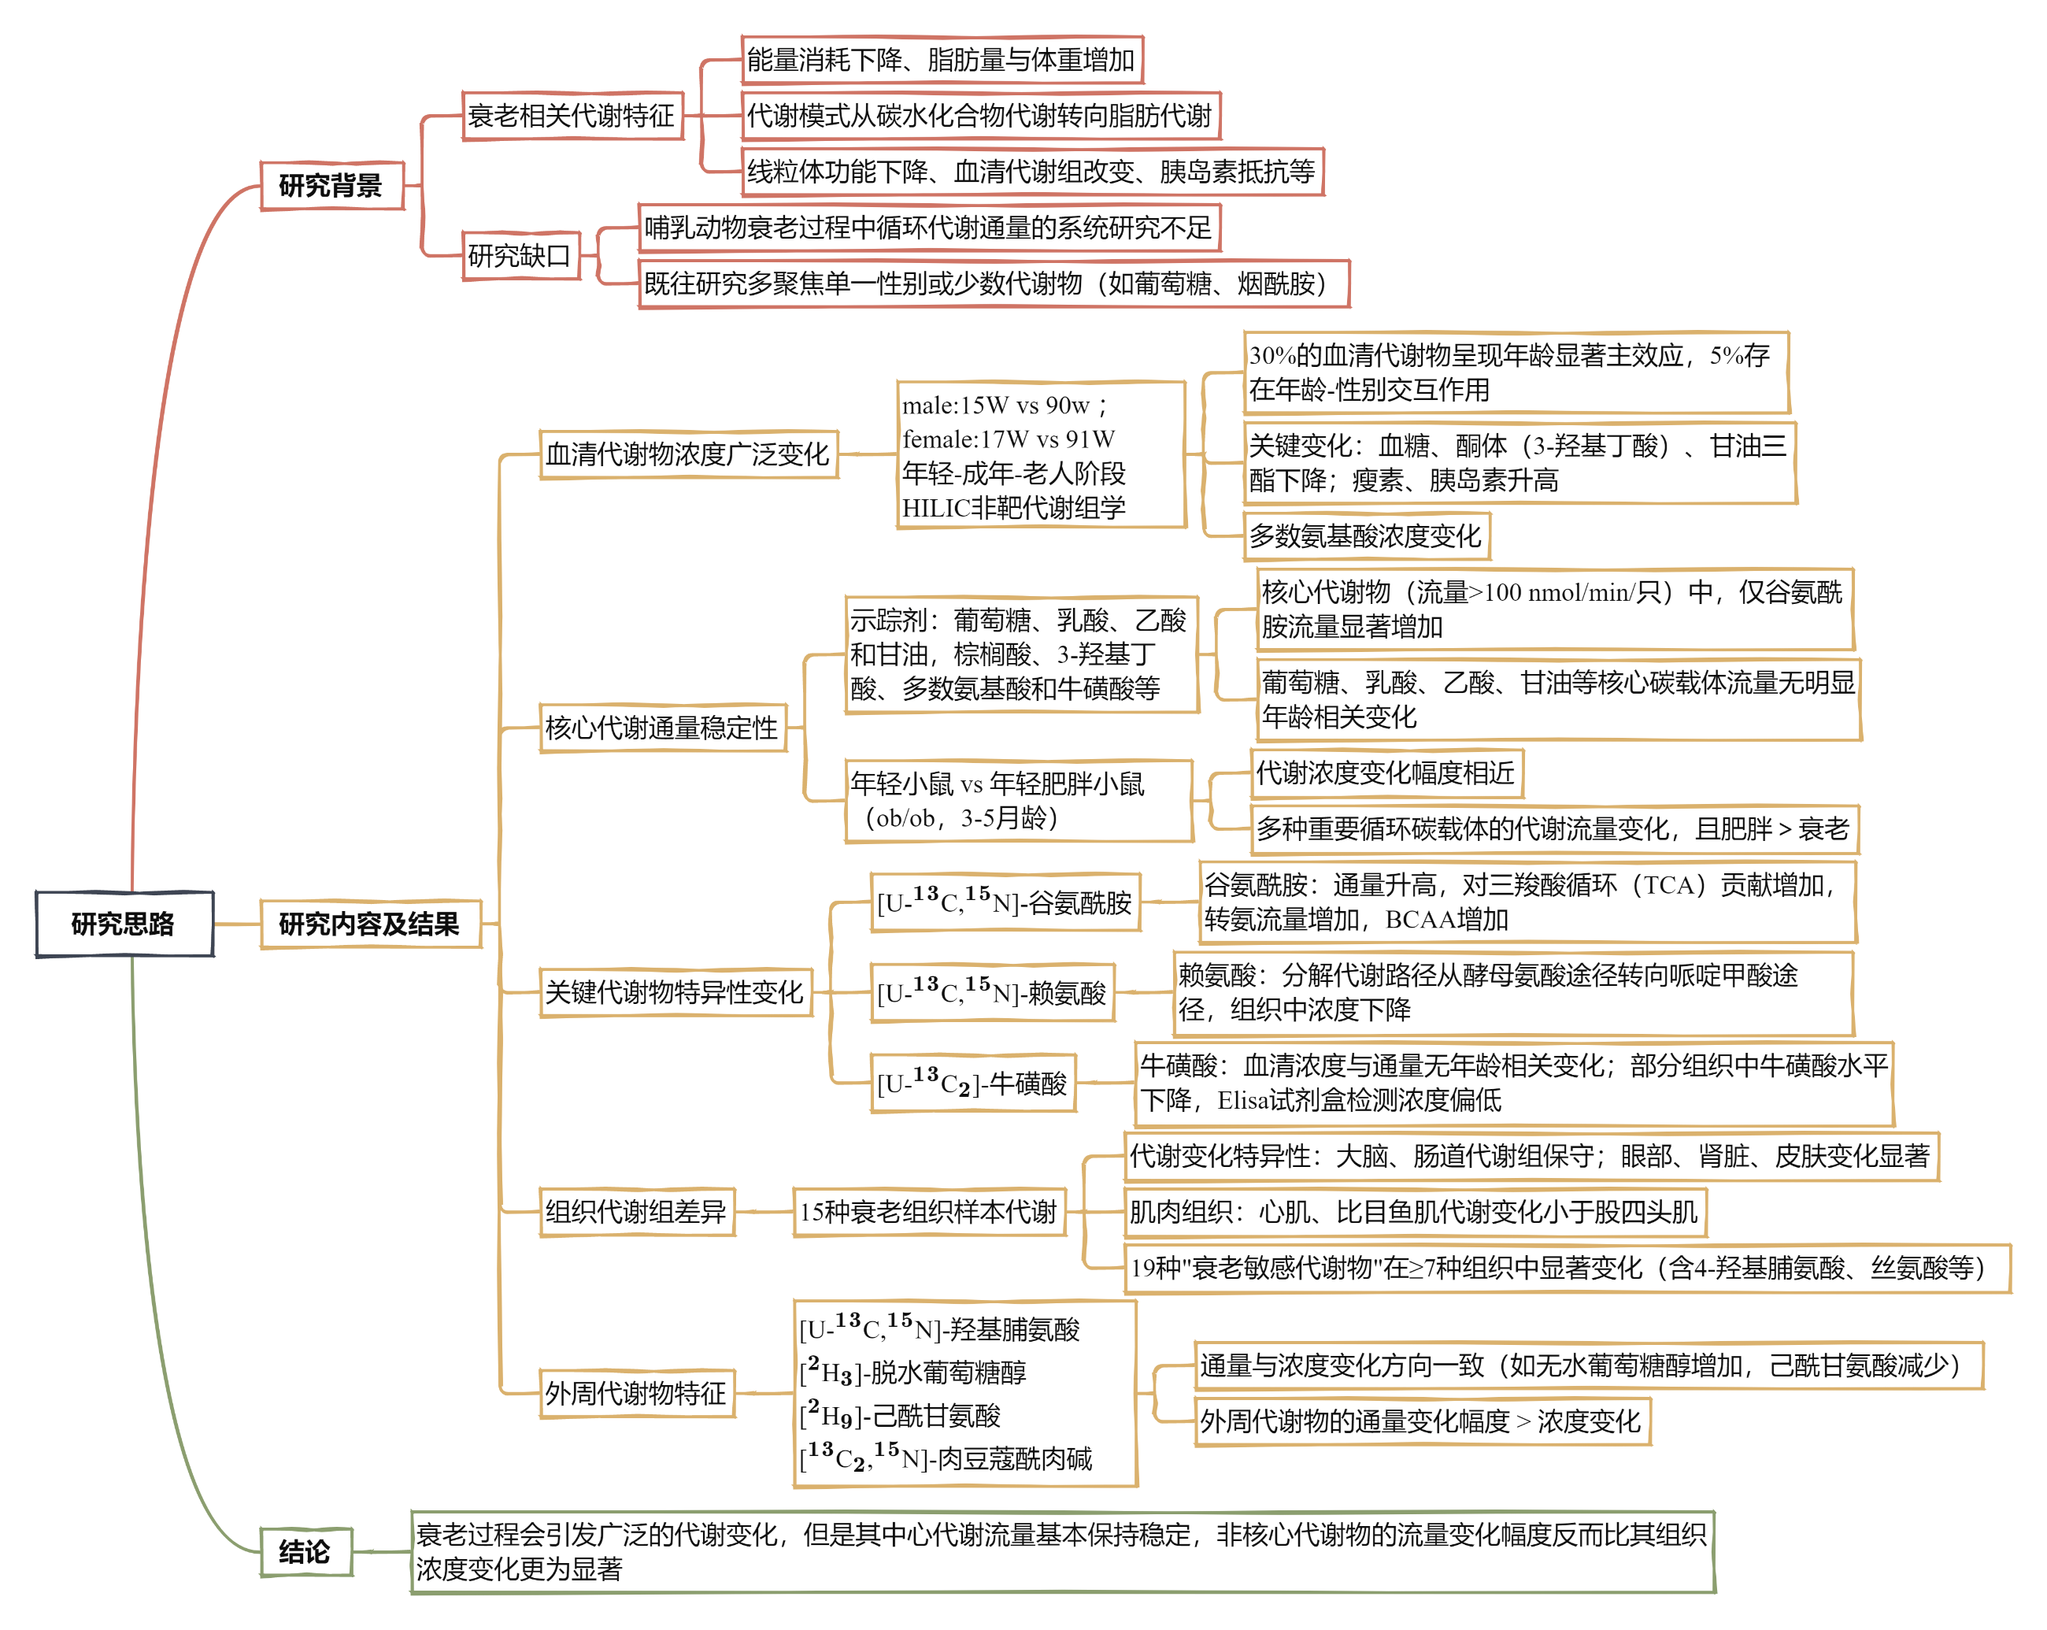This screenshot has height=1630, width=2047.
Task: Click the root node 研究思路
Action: coord(124,924)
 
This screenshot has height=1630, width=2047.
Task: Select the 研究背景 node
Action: coord(332,185)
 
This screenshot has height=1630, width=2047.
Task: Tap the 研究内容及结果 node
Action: coord(370,924)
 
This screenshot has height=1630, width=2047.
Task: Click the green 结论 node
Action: coord(305,1552)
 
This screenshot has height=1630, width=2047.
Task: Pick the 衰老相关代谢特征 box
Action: coord(572,117)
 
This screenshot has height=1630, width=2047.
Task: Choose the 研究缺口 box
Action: coord(520,255)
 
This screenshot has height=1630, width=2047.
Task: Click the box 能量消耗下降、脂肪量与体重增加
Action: coord(942,61)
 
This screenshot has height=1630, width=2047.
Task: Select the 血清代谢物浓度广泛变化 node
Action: coord(688,454)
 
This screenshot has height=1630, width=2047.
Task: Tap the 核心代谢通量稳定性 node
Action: coord(663,728)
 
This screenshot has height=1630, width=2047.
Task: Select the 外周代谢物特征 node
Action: coord(636,1394)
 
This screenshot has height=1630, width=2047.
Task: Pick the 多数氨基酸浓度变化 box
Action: coord(1366,536)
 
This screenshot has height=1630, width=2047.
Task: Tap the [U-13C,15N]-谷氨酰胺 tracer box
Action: coord(1005,902)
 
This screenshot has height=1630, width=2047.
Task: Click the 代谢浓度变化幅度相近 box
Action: coord(1387,774)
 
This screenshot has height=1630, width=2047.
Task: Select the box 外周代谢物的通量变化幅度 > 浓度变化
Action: coord(1422,1422)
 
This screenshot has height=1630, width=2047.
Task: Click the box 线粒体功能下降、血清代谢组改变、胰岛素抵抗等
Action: coord(1032,172)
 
